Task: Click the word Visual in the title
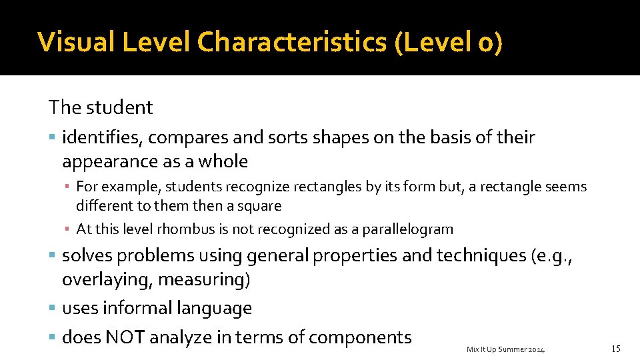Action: point(73,41)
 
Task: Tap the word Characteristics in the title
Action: point(291,41)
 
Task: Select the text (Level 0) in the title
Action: point(449,41)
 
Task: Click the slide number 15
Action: point(615,349)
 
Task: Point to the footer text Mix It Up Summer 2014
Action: point(505,349)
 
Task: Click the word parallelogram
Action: point(407,229)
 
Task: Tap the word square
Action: point(259,206)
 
